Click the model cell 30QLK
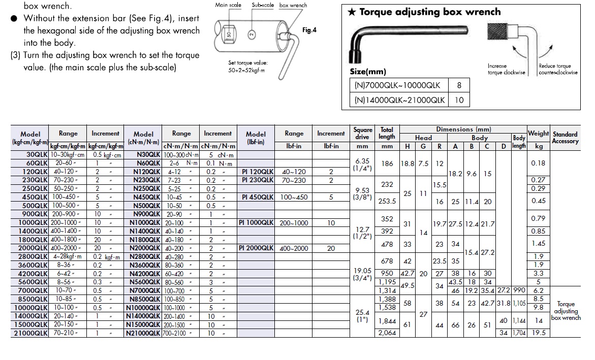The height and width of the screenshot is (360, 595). click(x=37, y=154)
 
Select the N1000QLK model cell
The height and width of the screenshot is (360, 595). click(x=145, y=223)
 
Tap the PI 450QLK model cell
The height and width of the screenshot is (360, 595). click(x=258, y=197)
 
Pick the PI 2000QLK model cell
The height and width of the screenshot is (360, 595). click(x=256, y=248)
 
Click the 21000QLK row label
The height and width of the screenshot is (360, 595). click(x=32, y=334)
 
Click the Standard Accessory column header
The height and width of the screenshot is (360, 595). click(x=565, y=138)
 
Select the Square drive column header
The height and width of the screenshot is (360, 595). click(x=362, y=133)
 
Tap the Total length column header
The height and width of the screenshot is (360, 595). click(x=387, y=133)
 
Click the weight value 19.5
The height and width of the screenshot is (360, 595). click(x=538, y=333)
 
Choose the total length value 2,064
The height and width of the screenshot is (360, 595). click(x=387, y=333)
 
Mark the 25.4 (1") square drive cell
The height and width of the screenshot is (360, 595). click(x=362, y=316)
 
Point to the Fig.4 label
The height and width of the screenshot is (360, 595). click(x=309, y=30)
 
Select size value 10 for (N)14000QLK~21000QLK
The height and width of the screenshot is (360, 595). click(x=459, y=100)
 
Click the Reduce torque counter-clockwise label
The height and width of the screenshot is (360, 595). click(x=558, y=69)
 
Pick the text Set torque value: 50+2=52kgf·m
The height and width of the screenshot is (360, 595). click(x=248, y=67)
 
